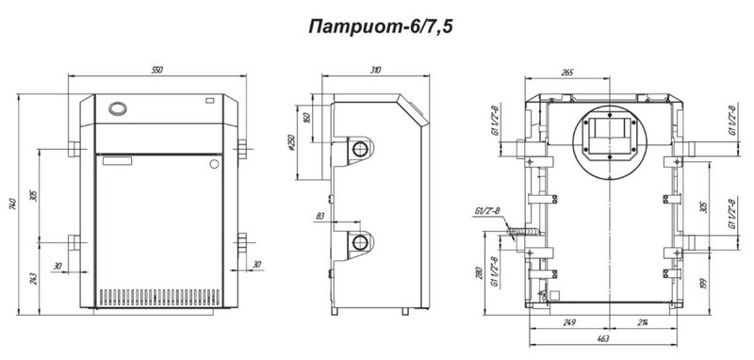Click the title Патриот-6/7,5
tap(381, 27)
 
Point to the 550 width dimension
tap(157, 70)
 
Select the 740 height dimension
tap(12, 204)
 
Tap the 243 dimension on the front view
tap(34, 279)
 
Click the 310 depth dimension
tap(375, 70)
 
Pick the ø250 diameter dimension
tap(291, 141)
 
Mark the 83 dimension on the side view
tap(320, 217)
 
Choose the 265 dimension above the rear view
tap(567, 73)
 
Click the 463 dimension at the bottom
tap(602, 339)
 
